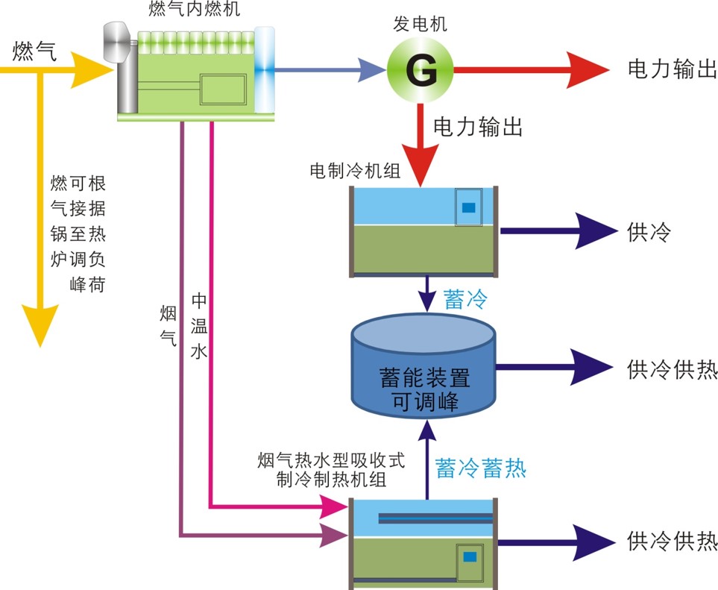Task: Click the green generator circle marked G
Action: [x=420, y=71]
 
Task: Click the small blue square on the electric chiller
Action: [x=469, y=208]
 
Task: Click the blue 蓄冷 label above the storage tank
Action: [x=465, y=300]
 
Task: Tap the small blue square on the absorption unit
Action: [x=470, y=556]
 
